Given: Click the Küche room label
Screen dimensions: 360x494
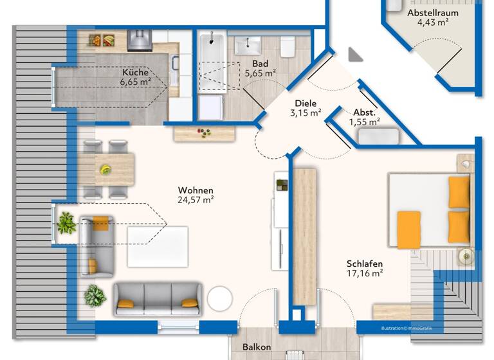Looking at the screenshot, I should tap(135, 73).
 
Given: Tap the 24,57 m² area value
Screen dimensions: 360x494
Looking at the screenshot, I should tap(196, 200).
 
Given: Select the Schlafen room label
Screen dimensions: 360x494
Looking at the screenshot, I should tap(365, 264).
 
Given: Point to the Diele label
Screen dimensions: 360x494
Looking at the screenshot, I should tap(306, 104).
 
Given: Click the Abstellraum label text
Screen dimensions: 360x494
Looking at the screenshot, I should tap(432, 12).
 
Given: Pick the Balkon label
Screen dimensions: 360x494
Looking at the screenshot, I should tap(257, 348).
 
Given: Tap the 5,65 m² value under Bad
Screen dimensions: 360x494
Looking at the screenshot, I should tap(260, 73).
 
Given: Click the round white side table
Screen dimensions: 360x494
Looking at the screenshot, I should tap(219, 299).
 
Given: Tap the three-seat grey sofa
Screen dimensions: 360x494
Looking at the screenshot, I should tap(158, 299).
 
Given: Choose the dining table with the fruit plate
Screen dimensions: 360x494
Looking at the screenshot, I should tap(107, 169).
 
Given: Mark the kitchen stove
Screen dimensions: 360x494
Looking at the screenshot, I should tap(140, 40).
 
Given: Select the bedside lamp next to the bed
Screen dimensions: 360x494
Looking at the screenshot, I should tap(465, 256).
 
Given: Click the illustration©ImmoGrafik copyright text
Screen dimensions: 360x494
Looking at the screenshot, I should tap(406, 328).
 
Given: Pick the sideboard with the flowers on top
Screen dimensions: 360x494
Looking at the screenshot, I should tap(204, 133).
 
